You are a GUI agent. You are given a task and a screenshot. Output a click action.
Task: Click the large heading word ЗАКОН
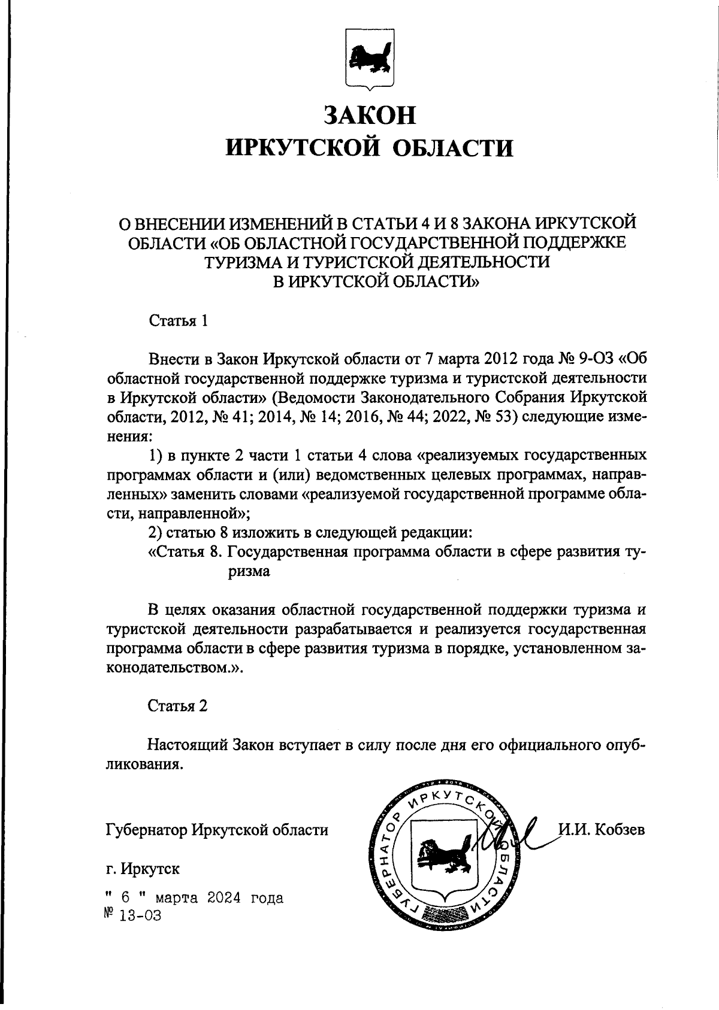pyautogui.click(x=369, y=114)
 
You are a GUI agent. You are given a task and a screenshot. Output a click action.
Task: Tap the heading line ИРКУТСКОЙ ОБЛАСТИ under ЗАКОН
pyautogui.click(x=369, y=147)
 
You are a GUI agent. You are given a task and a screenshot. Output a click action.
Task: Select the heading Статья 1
pyautogui.click(x=178, y=321)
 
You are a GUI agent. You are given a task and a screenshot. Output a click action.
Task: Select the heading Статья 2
pyautogui.click(x=178, y=706)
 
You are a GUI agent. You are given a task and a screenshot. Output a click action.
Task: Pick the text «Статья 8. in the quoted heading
pyautogui.click(x=186, y=552)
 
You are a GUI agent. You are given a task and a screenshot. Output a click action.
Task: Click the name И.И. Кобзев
pyautogui.click(x=601, y=830)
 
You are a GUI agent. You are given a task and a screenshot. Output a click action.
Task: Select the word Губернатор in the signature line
pyautogui.click(x=146, y=830)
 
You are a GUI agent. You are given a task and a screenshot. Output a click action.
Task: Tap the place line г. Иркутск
pyautogui.click(x=142, y=868)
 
